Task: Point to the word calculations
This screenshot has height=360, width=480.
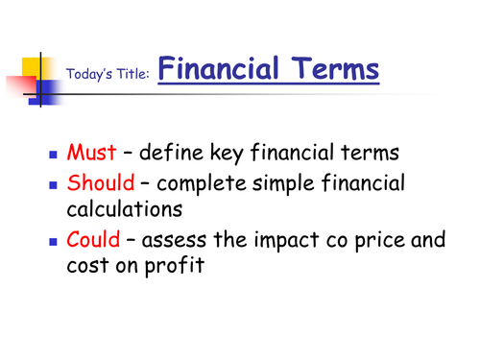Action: click(124, 211)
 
